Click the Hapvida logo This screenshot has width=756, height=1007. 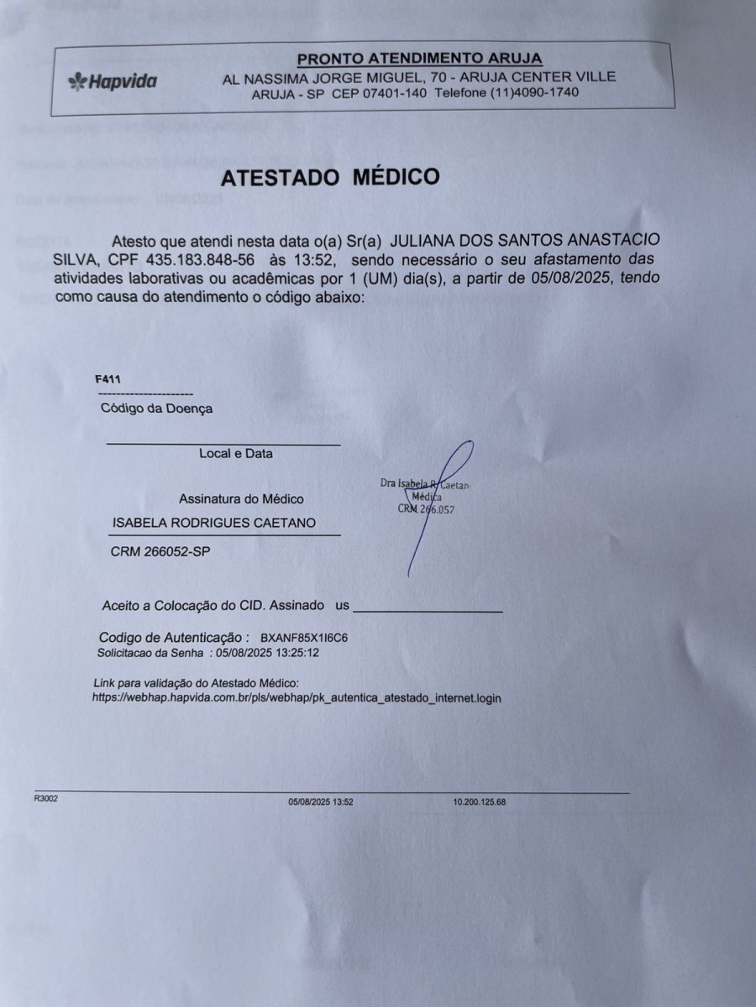[112, 81]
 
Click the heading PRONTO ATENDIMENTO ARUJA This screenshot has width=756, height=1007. [419, 58]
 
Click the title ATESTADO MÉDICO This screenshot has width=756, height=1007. [329, 177]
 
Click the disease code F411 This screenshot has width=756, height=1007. [108, 380]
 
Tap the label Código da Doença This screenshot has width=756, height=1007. [156, 409]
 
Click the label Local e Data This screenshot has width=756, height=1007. [236, 453]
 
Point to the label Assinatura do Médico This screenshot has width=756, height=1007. [241, 498]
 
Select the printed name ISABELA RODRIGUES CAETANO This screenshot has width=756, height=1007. [214, 523]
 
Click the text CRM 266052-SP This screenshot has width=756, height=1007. [160, 551]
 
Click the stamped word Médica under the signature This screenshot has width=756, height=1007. [428, 497]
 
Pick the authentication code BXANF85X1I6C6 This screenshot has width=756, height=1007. [304, 638]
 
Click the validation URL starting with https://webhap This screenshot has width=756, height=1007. [297, 697]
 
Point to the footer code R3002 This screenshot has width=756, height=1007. [45, 799]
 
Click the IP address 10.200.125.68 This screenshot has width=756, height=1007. [479, 802]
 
